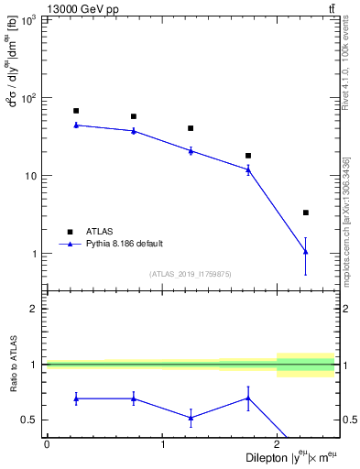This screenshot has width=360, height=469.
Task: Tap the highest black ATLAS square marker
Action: click(76, 111)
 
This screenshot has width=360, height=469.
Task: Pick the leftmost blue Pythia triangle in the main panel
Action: click(76, 125)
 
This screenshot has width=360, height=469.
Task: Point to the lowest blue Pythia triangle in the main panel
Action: click(306, 251)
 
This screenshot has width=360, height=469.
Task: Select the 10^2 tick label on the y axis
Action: click(27, 98)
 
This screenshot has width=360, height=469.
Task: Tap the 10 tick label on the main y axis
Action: click(30, 176)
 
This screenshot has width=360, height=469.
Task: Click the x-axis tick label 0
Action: click(47, 445)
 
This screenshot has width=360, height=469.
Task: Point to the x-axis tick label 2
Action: click(278, 445)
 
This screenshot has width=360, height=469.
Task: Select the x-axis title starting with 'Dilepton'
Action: click(290, 458)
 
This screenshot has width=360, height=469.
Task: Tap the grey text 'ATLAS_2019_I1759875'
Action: click(191, 274)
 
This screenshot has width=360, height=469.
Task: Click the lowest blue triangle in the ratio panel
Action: click(191, 418)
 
